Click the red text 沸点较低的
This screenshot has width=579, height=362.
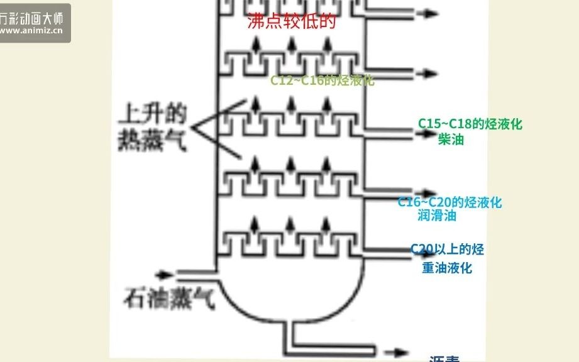292,22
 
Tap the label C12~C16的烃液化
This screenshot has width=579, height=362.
323,80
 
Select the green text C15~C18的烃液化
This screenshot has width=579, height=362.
470,124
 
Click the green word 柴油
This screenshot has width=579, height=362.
451,140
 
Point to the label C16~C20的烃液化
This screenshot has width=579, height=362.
450,202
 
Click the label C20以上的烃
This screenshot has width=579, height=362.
448,250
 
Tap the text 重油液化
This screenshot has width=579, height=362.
447,268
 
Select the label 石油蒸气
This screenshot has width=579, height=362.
169,298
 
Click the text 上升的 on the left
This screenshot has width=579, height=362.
153,115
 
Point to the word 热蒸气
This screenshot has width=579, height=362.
153,141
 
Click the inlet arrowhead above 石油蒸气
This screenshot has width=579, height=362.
167,275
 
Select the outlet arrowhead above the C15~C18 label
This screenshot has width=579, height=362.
431,131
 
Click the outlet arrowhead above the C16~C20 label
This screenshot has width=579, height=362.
431,192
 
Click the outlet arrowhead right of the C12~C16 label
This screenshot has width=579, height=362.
431,73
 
